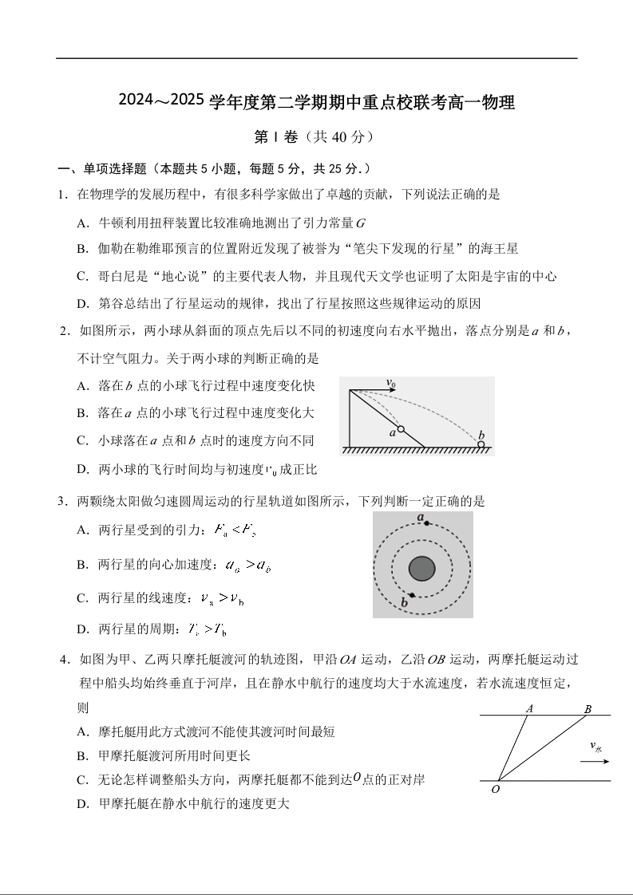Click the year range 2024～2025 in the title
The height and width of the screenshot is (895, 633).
[162, 102]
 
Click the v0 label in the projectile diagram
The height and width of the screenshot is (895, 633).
[390, 384]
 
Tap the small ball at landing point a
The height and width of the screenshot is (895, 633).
[401, 429]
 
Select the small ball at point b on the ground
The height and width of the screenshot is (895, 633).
[481, 444]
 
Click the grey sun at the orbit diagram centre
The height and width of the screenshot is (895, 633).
[421, 569]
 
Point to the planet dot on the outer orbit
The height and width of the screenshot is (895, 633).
[427, 523]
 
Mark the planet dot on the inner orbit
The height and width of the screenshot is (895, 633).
[411, 595]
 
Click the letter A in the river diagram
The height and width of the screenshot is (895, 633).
[529, 708]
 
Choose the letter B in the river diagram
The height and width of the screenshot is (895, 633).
[588, 709]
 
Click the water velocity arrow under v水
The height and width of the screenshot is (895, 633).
[595, 761]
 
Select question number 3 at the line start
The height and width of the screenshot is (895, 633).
[61, 502]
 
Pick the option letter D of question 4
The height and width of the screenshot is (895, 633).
[81, 803]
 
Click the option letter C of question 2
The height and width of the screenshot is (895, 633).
[81, 440]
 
